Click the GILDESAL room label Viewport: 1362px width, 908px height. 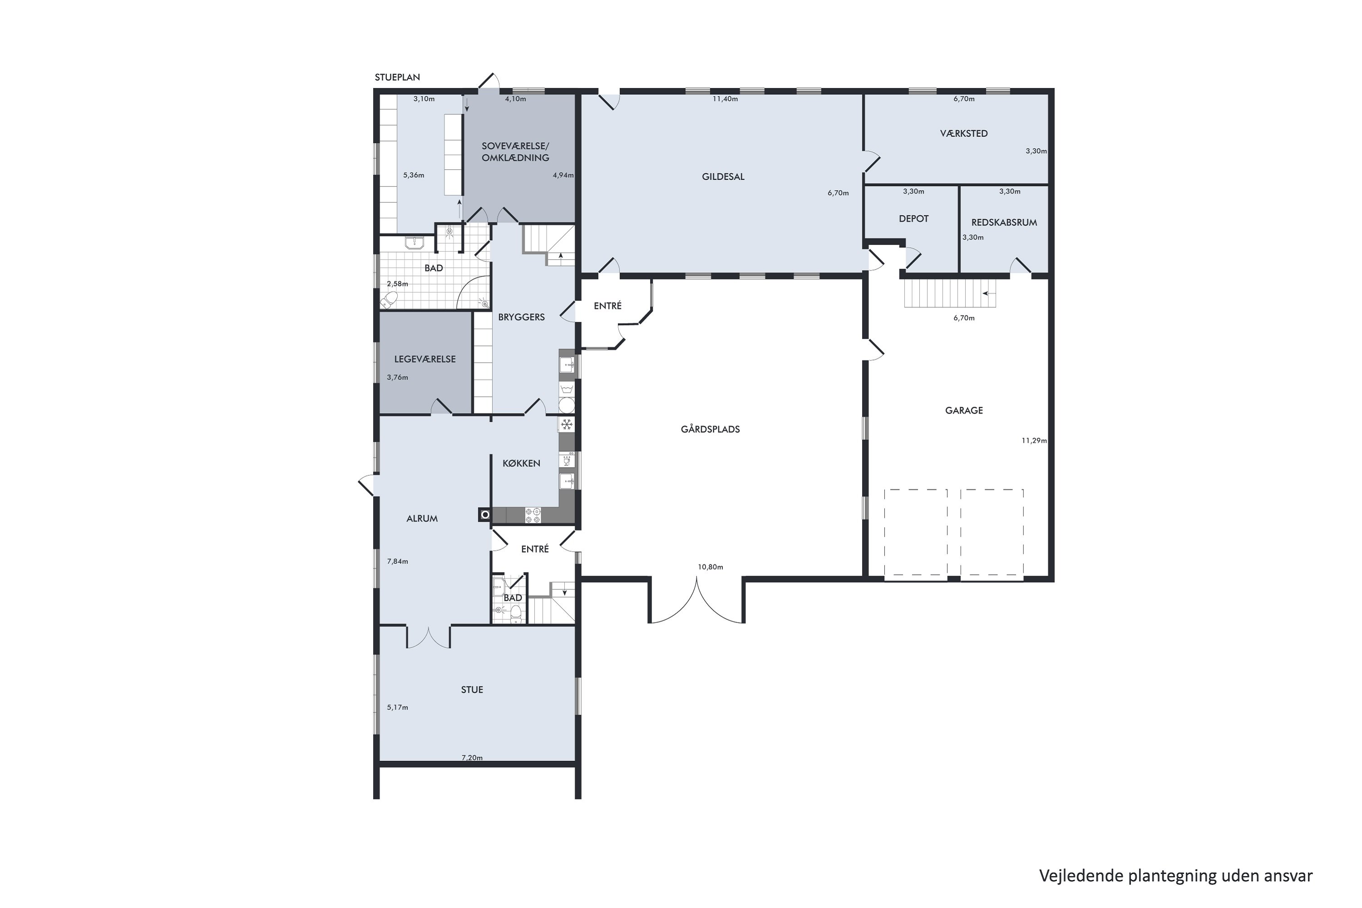pos(723,177)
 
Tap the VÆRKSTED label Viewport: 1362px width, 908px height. pos(963,133)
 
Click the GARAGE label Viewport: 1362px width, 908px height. pos(963,410)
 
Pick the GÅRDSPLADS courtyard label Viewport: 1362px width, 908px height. pos(710,429)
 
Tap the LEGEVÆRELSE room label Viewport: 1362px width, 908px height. pos(424,359)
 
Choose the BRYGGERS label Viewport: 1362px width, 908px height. pos(521,317)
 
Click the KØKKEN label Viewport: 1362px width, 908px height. pos(521,463)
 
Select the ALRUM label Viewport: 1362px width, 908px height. pos(422,519)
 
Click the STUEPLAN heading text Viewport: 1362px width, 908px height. pos(397,77)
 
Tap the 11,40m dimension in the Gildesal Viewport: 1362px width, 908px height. pos(725,99)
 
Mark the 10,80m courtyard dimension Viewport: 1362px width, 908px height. pos(710,567)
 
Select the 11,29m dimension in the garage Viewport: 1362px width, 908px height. pos(1034,441)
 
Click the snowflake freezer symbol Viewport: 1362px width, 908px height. pos(566,424)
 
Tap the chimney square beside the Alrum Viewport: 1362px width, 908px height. pos(485,515)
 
